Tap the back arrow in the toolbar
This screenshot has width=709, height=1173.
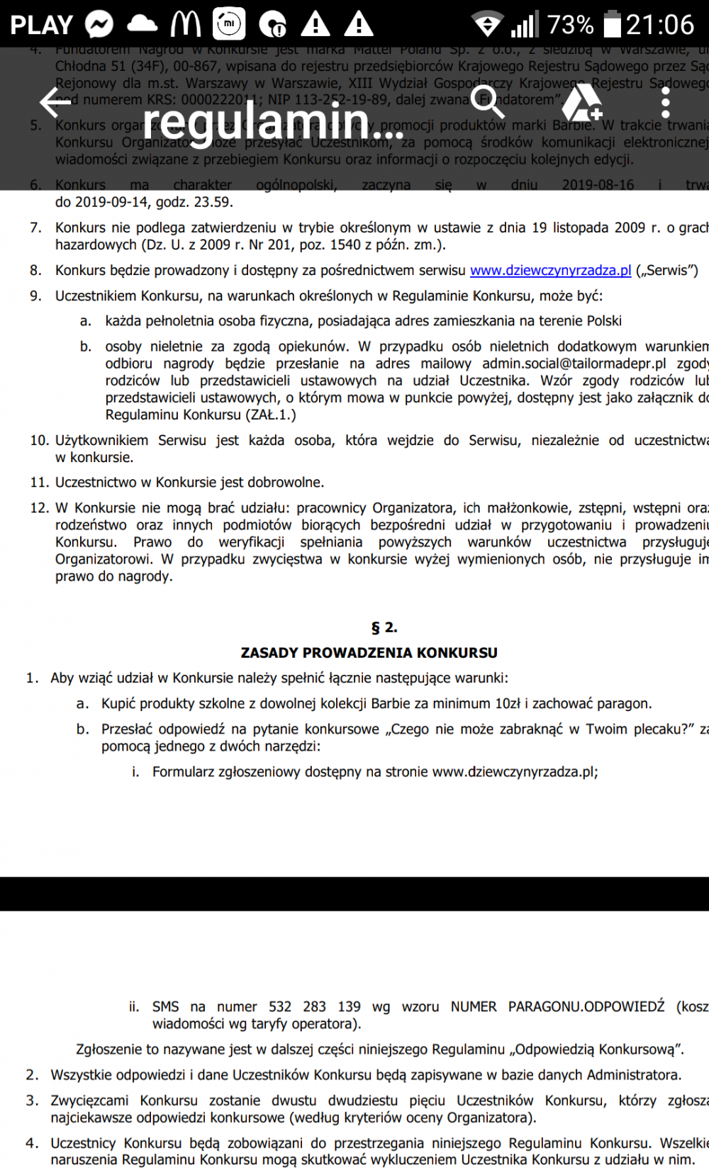pyautogui.click(x=55, y=102)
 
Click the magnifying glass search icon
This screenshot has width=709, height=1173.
pyautogui.click(x=487, y=102)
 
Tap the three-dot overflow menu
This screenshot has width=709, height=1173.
pyautogui.click(x=665, y=103)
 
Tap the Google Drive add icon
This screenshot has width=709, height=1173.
pyautogui.click(x=581, y=103)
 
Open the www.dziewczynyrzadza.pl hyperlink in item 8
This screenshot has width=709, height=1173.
pyautogui.click(x=550, y=270)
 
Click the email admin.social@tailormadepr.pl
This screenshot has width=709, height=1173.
pyautogui.click(x=574, y=364)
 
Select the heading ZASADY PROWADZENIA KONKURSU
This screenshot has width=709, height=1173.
pyautogui.click(x=369, y=653)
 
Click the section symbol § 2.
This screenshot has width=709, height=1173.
pyautogui.click(x=384, y=627)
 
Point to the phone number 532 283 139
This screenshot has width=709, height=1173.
pyautogui.click(x=314, y=1006)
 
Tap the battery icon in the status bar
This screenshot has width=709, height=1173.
pyautogui.click(x=612, y=24)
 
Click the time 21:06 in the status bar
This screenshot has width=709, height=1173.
pyautogui.click(x=660, y=25)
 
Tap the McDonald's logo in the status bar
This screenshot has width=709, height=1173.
pyautogui.click(x=186, y=24)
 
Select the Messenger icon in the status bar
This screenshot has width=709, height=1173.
pyautogui.click(x=99, y=25)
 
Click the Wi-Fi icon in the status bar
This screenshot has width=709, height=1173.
pyautogui.click(x=487, y=25)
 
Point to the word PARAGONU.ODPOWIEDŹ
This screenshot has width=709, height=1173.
pyautogui.click(x=586, y=1006)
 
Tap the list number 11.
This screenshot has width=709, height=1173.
pyautogui.click(x=39, y=483)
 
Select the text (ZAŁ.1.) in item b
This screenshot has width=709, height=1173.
pyautogui.click(x=271, y=415)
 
